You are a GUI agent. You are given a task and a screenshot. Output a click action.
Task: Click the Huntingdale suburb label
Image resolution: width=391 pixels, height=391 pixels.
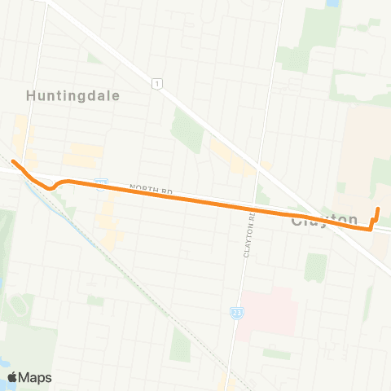pyautogui.click(x=73, y=95)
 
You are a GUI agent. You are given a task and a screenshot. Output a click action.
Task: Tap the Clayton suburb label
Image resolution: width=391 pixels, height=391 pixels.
pyautogui.click(x=324, y=220)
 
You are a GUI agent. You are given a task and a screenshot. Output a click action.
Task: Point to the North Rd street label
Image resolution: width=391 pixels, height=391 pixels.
pyautogui.click(x=156, y=190)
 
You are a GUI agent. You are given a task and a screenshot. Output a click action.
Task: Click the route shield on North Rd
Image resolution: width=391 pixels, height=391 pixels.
pyautogui.click(x=101, y=185)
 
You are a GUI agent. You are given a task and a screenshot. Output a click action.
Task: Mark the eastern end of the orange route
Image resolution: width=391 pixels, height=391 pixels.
pyautogui.click(x=378, y=210)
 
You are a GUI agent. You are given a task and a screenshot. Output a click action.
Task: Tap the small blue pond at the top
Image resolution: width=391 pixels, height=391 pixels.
pyautogui.click(x=332, y=4)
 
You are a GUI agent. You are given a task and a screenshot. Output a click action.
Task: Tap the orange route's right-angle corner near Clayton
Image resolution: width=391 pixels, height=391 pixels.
pyautogui.click(x=372, y=229)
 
